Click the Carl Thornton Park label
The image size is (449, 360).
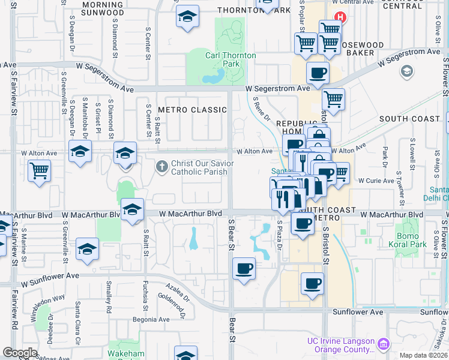(231, 59)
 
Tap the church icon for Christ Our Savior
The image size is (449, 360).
(161, 166)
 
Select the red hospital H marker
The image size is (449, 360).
(341, 18)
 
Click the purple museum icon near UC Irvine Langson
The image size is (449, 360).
(384, 344)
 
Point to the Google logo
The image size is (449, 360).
(20, 353)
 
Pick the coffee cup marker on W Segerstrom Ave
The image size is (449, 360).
(318, 73)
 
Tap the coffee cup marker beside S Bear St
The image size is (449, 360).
(244, 269)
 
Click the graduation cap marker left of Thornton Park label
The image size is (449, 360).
(187, 17)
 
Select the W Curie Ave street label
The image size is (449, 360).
(375, 180)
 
